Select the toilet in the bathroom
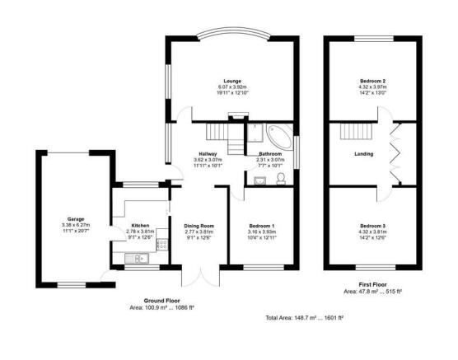click(x=281, y=180)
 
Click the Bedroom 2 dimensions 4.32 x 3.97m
click(x=372, y=87)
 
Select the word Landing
click(x=364, y=153)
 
